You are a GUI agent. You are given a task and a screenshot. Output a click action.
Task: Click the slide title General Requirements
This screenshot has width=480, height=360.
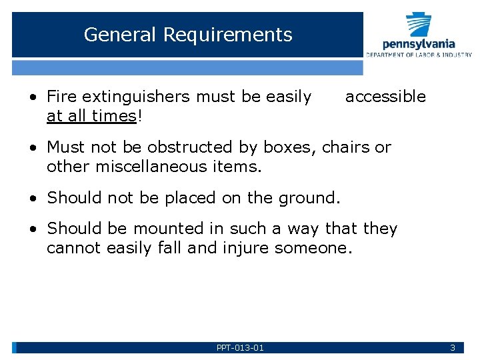click(188, 35)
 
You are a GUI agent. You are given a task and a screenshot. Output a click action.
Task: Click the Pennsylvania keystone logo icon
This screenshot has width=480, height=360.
click(419, 25)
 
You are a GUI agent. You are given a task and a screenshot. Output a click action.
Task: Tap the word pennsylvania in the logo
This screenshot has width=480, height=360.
click(419, 44)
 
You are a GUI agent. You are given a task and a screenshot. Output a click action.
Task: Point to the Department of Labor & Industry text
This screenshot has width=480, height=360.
click(419, 55)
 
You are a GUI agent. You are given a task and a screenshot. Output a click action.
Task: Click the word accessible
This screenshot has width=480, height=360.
click(385, 97)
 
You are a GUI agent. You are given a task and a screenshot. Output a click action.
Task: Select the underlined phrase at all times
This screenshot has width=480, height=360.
click(91, 116)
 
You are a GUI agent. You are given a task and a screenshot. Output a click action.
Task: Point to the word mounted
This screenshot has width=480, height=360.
click(169, 229)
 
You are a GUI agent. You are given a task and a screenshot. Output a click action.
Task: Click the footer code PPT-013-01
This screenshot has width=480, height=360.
click(240, 347)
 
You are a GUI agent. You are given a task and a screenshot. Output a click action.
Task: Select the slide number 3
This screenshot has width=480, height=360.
click(453, 347)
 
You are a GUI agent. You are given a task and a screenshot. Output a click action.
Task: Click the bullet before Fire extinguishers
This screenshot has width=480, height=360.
click(33, 97)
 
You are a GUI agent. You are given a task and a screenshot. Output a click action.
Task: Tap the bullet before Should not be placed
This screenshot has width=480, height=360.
click(33, 198)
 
